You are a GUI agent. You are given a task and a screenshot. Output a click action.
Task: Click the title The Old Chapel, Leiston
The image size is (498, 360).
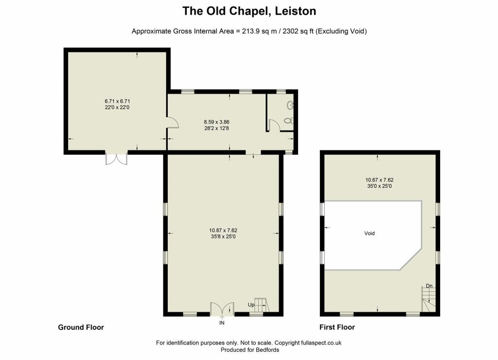[x=249, y=11]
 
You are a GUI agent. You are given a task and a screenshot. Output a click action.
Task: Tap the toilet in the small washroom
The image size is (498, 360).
[x=289, y=121]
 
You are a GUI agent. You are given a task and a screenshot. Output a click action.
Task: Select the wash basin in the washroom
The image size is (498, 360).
[x=290, y=105]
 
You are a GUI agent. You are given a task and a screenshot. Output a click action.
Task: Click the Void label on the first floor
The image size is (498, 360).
[x=370, y=233]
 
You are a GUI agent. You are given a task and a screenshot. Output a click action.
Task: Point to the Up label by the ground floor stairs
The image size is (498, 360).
[x=251, y=305]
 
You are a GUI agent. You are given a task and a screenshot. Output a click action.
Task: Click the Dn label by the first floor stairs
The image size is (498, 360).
[x=429, y=286]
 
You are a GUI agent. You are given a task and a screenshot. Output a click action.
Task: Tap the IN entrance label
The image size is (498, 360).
[x=222, y=323]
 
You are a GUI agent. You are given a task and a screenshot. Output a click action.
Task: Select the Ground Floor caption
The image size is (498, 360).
[x=81, y=327]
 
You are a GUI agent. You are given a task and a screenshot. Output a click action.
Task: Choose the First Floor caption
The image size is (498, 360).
[x=337, y=327]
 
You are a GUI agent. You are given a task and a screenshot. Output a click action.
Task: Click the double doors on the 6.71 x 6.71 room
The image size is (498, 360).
[x=117, y=159]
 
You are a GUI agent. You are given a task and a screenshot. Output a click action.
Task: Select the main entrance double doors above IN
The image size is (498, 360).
[x=222, y=308]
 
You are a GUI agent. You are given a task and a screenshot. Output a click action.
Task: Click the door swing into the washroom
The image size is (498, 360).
[x=274, y=125]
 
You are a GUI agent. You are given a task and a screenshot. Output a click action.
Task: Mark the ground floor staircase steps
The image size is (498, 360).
[x=262, y=305]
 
